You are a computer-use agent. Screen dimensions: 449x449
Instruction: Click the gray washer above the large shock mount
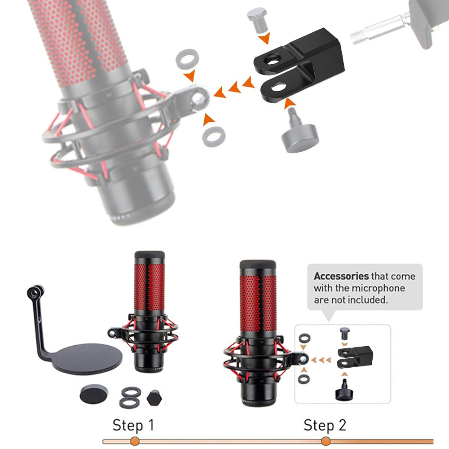[188, 59]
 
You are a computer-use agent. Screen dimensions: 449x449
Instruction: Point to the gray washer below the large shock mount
[214, 136]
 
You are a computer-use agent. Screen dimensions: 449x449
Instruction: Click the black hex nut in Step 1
[154, 398]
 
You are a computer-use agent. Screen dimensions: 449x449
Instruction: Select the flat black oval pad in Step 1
[94, 394]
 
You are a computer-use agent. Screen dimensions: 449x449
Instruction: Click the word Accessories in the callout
[341, 276]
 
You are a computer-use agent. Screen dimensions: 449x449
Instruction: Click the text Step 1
[133, 425]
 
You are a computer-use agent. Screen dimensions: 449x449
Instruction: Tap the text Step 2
[325, 425]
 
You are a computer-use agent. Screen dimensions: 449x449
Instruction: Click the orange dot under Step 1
[135, 441]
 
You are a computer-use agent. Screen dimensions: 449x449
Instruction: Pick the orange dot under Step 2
[326, 441]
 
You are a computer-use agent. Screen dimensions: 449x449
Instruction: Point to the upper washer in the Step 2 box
[304, 338]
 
